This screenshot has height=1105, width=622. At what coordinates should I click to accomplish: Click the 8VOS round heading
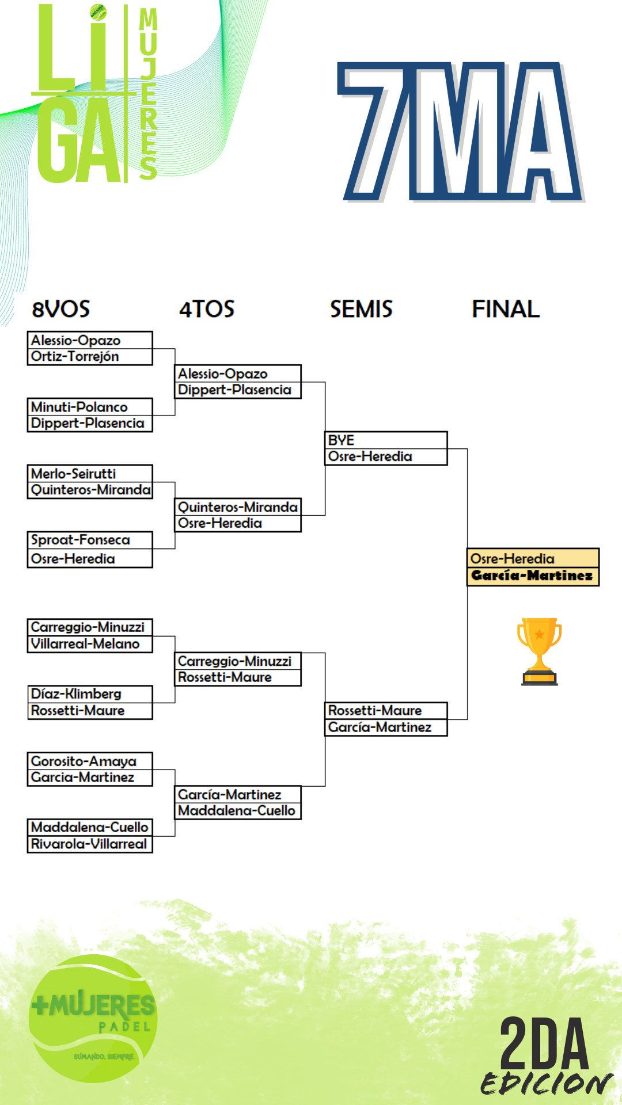pos(61,309)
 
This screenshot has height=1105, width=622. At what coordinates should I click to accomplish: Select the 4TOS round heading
pos(207,309)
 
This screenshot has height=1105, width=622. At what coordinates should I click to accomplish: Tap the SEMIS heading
pos(361,309)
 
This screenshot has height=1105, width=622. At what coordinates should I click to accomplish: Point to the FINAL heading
pos(506,309)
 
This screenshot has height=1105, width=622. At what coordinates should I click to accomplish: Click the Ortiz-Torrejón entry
pos(75,357)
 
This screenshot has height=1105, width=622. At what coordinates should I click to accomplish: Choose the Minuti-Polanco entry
pos(79,407)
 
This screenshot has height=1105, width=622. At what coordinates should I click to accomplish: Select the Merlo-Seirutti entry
pos(74,474)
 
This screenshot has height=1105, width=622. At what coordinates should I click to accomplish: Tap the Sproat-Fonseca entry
pos(81,540)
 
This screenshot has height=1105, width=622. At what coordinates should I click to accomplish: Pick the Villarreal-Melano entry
pos(85,644)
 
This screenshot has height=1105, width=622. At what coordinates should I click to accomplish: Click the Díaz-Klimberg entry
pos(76,694)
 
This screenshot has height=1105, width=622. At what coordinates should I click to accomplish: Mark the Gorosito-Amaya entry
pos(84,761)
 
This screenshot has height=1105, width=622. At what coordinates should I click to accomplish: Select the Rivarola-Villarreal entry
pos(89,844)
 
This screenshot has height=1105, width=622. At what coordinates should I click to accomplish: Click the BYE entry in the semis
pos(341,440)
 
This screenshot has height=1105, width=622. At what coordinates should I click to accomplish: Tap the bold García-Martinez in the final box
pos(532,576)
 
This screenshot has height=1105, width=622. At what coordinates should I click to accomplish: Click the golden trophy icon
pos(539,651)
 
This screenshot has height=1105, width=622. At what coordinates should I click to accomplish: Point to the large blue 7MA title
pos(461,132)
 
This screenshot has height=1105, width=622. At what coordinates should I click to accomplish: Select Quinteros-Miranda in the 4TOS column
pos(237,507)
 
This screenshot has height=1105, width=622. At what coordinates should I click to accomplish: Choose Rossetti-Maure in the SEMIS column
pos(375,711)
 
